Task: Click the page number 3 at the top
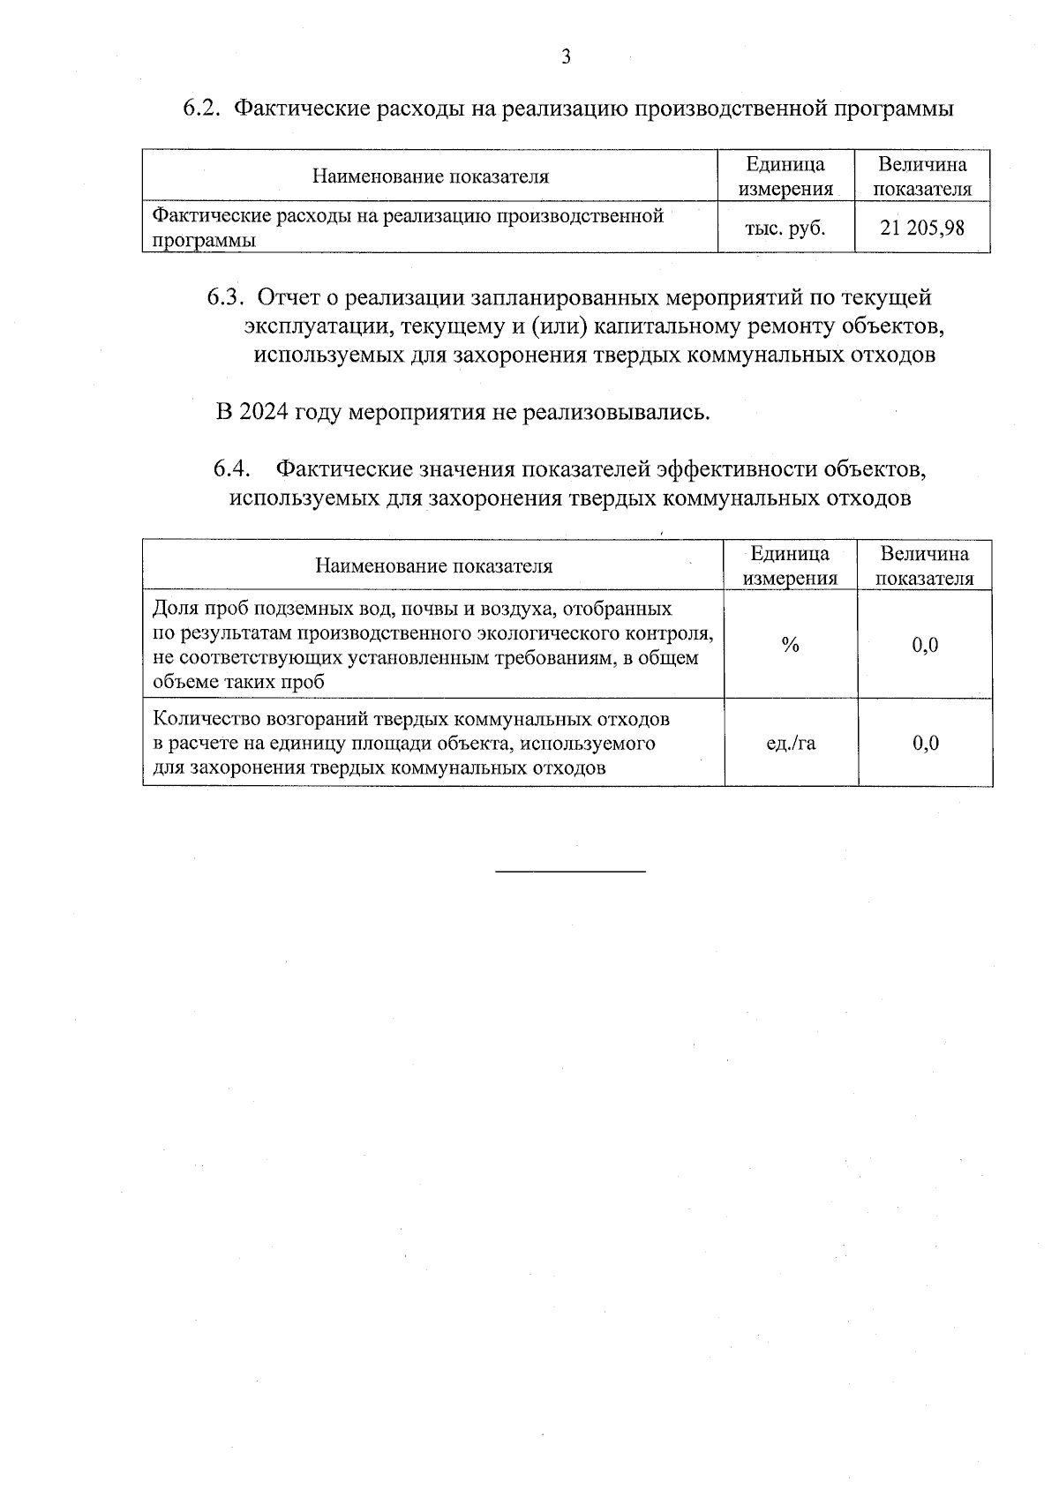(x=566, y=58)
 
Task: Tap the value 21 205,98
(x=922, y=228)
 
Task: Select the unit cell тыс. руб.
(x=785, y=228)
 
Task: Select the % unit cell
(x=790, y=646)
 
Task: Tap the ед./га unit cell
(x=791, y=743)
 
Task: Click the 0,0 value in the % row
(x=925, y=646)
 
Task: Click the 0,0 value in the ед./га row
(x=925, y=743)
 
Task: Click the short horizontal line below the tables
(x=570, y=872)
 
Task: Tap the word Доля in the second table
(x=173, y=609)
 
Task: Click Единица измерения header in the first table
(x=785, y=176)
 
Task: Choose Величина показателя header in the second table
(x=924, y=566)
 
